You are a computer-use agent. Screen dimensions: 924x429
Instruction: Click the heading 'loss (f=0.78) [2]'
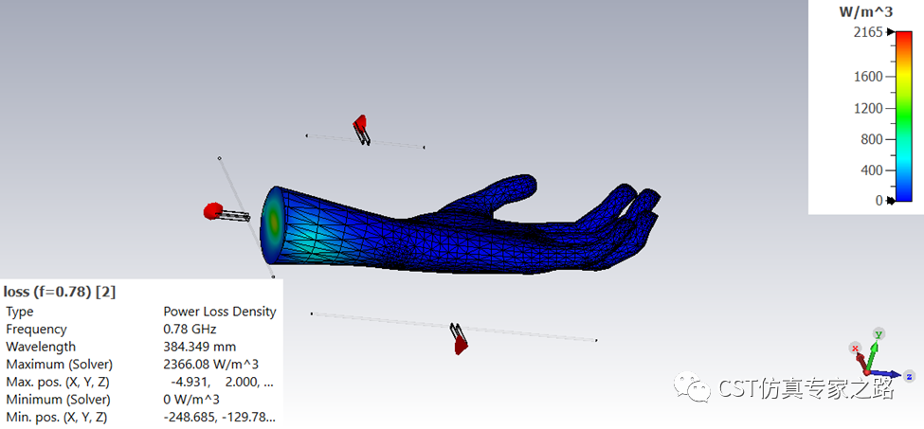coord(60,292)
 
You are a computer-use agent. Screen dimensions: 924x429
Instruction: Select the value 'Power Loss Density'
coord(219,312)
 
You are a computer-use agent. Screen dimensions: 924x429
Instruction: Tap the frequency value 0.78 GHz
coord(190,329)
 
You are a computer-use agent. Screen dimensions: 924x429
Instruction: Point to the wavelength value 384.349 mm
coord(199,347)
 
